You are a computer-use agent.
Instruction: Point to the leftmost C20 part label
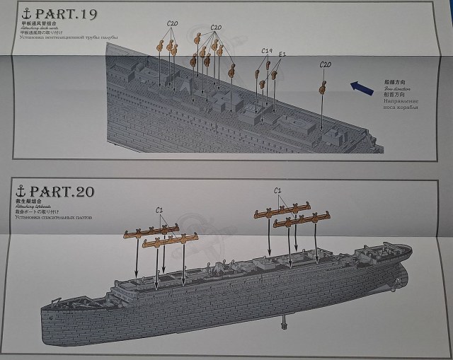[x=172, y=23]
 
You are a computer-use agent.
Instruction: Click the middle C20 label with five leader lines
[x=216, y=28]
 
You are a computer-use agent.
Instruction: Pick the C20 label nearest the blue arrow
[x=326, y=64]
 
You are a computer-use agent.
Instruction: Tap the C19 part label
[x=267, y=51]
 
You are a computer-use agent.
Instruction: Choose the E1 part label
[x=283, y=54]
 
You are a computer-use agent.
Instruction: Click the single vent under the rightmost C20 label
[x=322, y=88]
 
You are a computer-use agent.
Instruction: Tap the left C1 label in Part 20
[x=160, y=209]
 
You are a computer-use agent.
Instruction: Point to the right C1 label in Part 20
[x=278, y=190]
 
